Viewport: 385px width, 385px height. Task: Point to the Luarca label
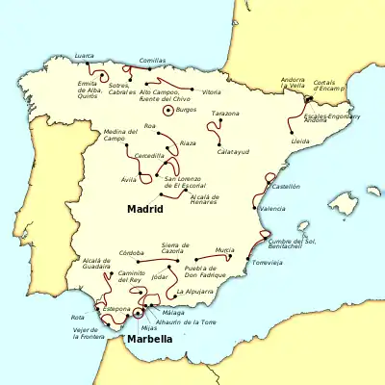[84, 56]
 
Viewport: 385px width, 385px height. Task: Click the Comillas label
[152, 60]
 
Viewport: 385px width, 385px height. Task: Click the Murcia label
[224, 249]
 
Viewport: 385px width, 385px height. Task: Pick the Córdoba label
[131, 253]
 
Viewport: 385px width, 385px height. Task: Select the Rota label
[78, 317]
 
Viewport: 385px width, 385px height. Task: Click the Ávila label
[128, 179]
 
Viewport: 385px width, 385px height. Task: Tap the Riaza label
[188, 143]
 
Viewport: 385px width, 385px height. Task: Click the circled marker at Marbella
[138, 313]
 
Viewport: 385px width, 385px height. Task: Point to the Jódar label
[160, 277]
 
